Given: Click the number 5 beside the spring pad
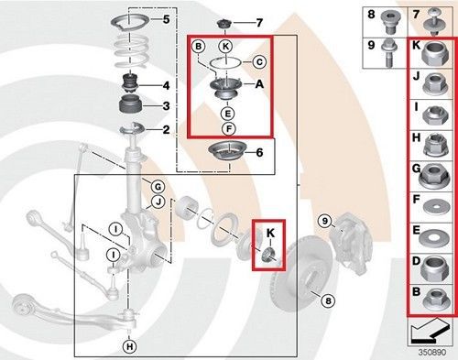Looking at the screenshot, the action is [x=166, y=19].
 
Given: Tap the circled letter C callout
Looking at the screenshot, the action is [x=259, y=62].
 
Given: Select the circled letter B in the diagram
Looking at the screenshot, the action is [x=199, y=47].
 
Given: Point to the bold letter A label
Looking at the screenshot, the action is [x=259, y=83].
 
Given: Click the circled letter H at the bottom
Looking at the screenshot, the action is [x=130, y=346].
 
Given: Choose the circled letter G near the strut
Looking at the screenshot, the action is [x=158, y=187].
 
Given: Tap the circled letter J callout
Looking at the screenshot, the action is [x=158, y=202].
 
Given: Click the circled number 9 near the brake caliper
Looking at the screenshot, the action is [x=325, y=221].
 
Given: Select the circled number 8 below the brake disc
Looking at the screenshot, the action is [x=328, y=300].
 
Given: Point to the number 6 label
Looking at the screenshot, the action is [x=259, y=152].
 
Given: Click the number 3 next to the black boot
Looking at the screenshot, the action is [x=166, y=106].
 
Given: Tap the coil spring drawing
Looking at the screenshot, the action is [x=131, y=50].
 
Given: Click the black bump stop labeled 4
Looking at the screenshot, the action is [x=131, y=83].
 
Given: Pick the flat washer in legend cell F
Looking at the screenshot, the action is [x=436, y=208].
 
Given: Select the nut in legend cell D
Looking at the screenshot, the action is [x=433, y=268].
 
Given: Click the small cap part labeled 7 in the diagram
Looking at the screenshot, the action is [x=225, y=24].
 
